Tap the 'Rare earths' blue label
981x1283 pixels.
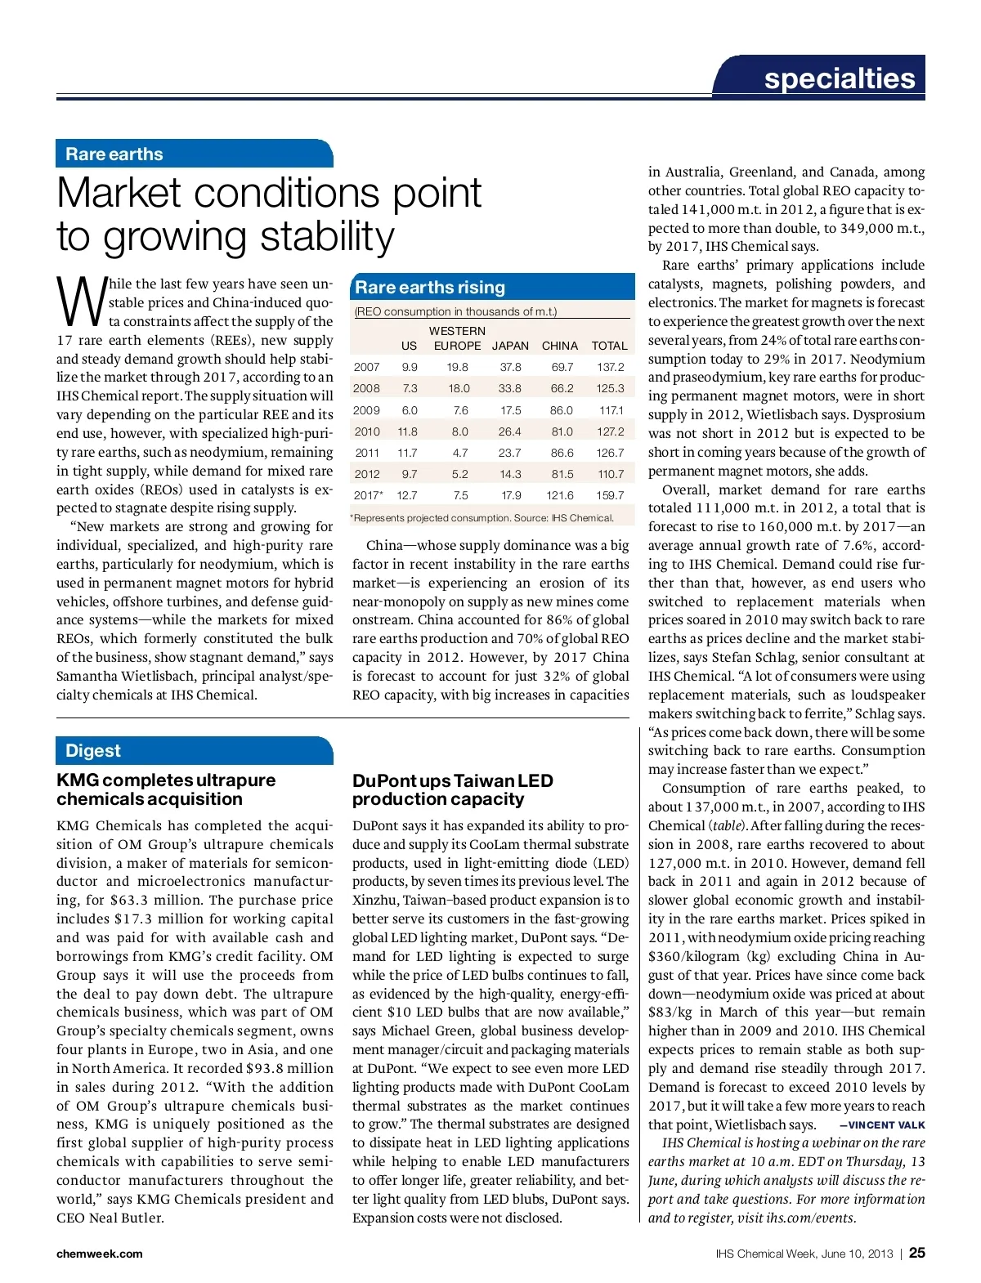tap(114, 154)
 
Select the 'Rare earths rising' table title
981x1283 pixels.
tap(430, 287)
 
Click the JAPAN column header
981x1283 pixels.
tap(510, 346)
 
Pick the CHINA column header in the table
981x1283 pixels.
tap(560, 346)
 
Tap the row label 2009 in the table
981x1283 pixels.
tap(366, 410)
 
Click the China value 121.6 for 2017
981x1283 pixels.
tap(560, 495)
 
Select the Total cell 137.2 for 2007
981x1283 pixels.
tap(610, 367)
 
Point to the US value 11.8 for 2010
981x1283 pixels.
tap(407, 431)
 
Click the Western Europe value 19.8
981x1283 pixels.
tap(458, 367)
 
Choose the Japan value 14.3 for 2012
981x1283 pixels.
tap(510, 474)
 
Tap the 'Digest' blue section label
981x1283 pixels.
tap(93, 750)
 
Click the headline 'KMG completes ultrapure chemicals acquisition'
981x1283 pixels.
tap(166, 789)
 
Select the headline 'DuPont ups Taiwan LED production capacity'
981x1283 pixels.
tap(452, 789)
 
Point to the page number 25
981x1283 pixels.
tap(917, 1253)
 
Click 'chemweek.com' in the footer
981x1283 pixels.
tap(99, 1254)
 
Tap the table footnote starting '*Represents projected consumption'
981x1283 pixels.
tap(482, 517)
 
